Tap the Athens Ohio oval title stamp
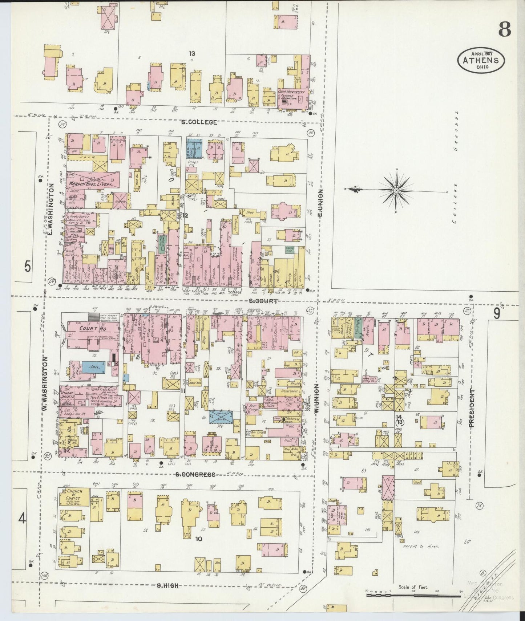click(x=481, y=60)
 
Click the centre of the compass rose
click(x=396, y=190)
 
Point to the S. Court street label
click(x=264, y=301)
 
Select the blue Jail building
click(x=93, y=367)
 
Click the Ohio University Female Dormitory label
click(x=292, y=96)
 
